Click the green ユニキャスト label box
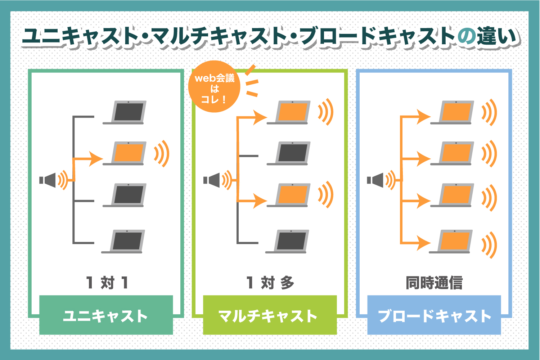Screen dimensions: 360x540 click(106, 315)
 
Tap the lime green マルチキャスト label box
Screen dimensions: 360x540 click(270, 315)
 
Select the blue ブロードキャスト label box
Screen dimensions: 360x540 click(434, 315)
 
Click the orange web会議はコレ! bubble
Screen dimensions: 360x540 click(215, 88)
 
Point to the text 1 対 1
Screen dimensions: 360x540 click(107, 283)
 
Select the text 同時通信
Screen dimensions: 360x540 click(434, 283)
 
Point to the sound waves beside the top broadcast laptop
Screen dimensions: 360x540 click(490, 113)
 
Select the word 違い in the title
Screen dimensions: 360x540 click(499, 36)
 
